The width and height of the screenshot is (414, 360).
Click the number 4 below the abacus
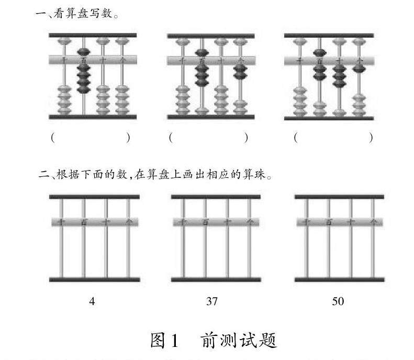pos(93,301)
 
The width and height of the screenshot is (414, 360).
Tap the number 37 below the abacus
pos(212,301)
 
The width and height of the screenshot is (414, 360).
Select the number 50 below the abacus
pos(338,301)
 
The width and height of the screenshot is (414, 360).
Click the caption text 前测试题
pos(238,341)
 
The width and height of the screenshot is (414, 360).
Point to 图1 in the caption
pos(164,341)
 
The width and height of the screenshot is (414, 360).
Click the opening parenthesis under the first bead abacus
pos(53,138)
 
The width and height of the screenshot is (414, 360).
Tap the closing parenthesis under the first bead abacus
pos(128,138)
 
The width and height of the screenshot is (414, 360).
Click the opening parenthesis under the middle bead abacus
pos(171,138)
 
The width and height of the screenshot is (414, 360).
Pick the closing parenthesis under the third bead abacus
pos(371,138)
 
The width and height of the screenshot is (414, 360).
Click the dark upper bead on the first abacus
pos(83,52)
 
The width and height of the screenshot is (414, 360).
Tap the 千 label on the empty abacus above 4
pos(62,222)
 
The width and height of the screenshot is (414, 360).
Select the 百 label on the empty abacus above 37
pos(205,222)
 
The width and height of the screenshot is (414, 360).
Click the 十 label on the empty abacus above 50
pos(351,222)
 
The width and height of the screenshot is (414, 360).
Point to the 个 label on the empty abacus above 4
pos(128,222)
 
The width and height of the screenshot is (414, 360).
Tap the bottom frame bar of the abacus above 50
pos(339,280)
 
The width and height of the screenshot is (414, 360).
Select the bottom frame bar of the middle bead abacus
pos(211,117)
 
